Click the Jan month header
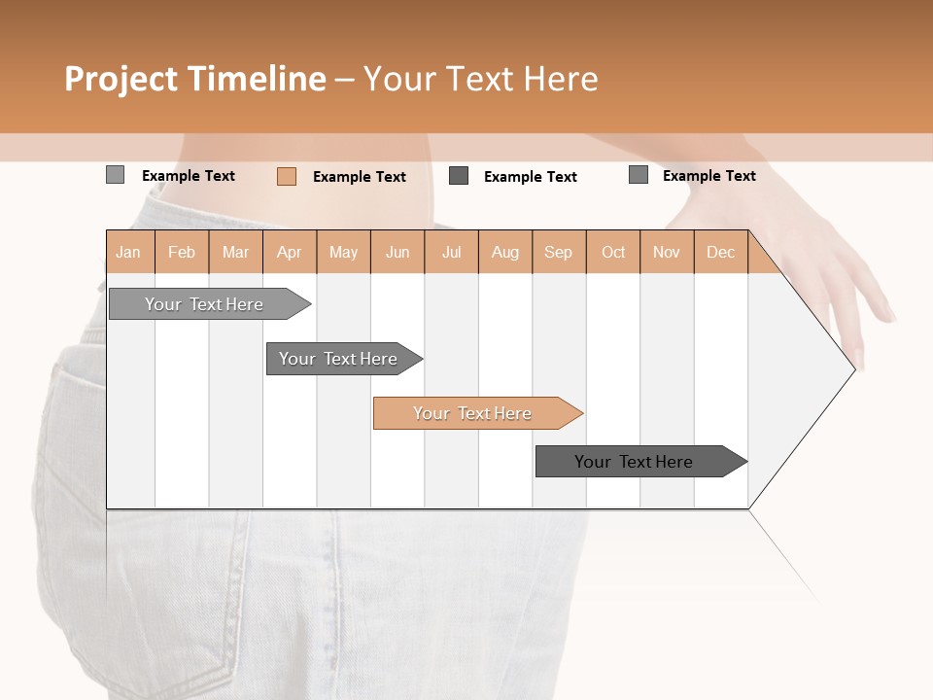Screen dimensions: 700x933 point(128,252)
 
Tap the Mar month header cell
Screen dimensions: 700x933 point(235,252)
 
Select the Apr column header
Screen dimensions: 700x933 point(290,252)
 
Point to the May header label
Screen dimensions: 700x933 point(343,252)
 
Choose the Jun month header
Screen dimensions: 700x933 point(397,252)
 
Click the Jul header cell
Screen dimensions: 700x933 point(451,252)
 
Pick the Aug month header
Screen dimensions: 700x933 point(505,252)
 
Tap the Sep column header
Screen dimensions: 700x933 point(559,252)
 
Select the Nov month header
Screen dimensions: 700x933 point(667,252)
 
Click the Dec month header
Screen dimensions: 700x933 point(720,252)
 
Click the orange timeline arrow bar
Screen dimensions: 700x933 point(476,413)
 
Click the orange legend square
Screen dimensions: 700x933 point(287,176)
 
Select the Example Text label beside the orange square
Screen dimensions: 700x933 point(360,177)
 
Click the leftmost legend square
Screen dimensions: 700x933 point(116,175)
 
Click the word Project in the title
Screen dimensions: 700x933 point(121,79)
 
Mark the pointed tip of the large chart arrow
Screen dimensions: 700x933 point(854,368)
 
